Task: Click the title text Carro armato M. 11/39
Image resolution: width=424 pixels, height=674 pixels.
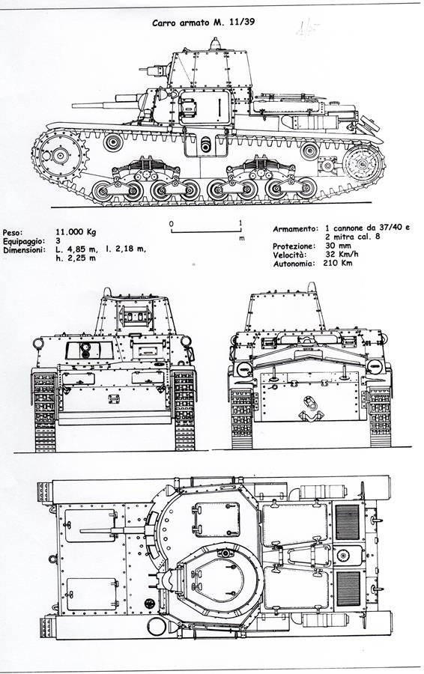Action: [204, 22]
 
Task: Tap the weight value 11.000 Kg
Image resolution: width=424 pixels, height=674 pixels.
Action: [76, 231]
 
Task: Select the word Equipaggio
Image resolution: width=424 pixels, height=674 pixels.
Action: [24, 241]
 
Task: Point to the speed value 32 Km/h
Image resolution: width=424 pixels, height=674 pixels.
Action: [342, 254]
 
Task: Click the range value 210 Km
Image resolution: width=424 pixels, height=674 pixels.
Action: [338, 263]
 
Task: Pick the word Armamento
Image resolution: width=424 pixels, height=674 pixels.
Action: [295, 229]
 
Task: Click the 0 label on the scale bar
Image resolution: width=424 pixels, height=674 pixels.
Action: [171, 223]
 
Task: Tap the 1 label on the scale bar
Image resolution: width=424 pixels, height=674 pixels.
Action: [240, 222]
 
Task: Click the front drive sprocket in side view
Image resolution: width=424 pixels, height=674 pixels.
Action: [60, 155]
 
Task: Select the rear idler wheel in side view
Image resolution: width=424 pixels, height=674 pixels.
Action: [363, 164]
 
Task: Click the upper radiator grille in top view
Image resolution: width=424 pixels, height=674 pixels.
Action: [347, 521]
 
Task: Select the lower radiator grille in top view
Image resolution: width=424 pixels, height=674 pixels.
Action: [348, 589]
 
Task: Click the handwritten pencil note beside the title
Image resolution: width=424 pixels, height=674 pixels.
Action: [306, 31]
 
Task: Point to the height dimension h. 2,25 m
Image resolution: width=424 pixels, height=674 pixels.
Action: [76, 258]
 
